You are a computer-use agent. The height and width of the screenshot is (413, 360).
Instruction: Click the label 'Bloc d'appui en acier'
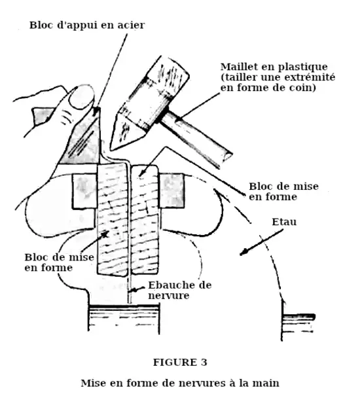pyautogui.click(x=87, y=26)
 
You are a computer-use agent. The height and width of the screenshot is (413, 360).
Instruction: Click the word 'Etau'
pyautogui.click(x=284, y=222)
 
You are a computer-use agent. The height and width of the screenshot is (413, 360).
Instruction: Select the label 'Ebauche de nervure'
pyautogui.click(x=179, y=290)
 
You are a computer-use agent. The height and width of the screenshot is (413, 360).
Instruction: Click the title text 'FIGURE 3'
pyautogui.click(x=180, y=363)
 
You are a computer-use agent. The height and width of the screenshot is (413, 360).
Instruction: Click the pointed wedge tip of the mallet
pyautogui.click(x=111, y=150)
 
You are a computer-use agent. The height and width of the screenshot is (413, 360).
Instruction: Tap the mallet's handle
pyautogui.click(x=196, y=138)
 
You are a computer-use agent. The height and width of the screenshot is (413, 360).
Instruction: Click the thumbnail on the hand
pyautogui.click(x=81, y=97)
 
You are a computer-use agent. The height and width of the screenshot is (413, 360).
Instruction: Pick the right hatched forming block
pyautogui.click(x=145, y=219)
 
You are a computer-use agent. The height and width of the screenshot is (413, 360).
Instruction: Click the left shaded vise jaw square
pyautogui.click(x=84, y=191)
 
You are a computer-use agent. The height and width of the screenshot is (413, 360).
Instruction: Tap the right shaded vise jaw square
pyautogui.click(x=171, y=190)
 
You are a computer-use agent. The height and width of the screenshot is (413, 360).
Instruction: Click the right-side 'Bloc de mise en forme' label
pyautogui.click(x=283, y=192)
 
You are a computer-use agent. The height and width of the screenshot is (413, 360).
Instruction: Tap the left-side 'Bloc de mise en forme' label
pyautogui.click(x=60, y=262)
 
